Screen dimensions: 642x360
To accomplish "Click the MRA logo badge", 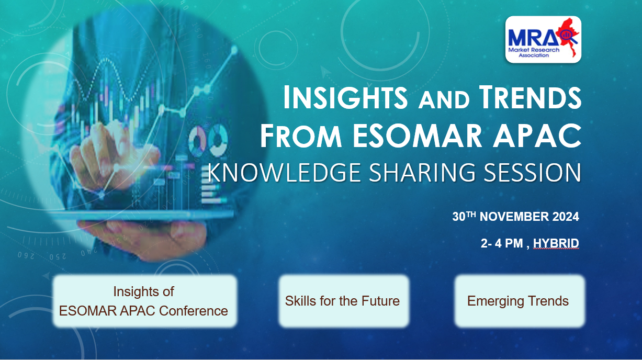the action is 543,39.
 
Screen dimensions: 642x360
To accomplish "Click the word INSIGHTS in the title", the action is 345,97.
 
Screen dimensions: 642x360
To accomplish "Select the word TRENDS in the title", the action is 530,97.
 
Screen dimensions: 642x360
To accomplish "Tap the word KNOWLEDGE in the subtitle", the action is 284,173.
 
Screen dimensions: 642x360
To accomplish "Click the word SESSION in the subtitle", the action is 532,173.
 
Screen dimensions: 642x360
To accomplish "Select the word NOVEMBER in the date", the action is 514,217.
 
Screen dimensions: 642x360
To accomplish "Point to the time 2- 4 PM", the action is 502,243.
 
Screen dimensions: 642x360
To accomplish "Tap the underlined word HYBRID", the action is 556,243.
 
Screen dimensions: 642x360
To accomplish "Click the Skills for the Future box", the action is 344,301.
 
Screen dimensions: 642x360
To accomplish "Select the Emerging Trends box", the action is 520,301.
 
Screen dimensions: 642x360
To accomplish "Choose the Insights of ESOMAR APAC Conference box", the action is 145,301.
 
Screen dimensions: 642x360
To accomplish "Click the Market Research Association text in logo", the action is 534,52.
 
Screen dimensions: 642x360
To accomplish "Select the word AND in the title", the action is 444,100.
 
